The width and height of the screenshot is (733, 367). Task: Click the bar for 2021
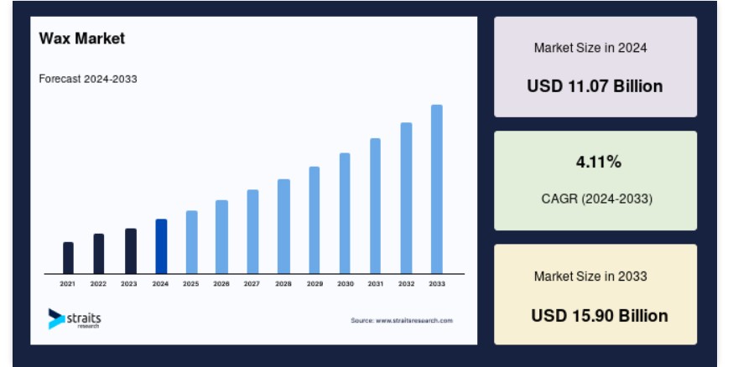tap(68, 258)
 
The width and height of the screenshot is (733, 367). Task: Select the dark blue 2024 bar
tap(161, 246)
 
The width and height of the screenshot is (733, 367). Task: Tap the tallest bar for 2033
tap(437, 189)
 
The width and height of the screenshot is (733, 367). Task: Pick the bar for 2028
tap(283, 226)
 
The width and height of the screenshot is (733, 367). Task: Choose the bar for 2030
tap(345, 214)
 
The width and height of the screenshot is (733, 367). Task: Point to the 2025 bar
tap(192, 242)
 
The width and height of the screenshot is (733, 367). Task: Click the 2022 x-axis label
tap(98, 283)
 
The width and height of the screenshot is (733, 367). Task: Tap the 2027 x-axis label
tap(252, 283)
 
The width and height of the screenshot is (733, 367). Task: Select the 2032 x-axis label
tap(406, 283)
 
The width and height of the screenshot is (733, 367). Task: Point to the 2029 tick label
tap(315, 283)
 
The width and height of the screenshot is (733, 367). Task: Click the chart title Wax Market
tap(82, 39)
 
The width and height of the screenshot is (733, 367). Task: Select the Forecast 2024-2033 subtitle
tap(88, 79)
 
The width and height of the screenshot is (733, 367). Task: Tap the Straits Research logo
tap(75, 319)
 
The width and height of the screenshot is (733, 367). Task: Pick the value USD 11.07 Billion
tap(595, 86)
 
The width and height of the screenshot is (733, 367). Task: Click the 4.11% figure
tap(598, 162)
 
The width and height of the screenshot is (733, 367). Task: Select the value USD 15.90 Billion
tap(600, 316)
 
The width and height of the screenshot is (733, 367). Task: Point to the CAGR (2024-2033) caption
tap(596, 199)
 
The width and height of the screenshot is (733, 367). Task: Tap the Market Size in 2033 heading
tap(590, 277)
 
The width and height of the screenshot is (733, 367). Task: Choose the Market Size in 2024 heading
tap(590, 48)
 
